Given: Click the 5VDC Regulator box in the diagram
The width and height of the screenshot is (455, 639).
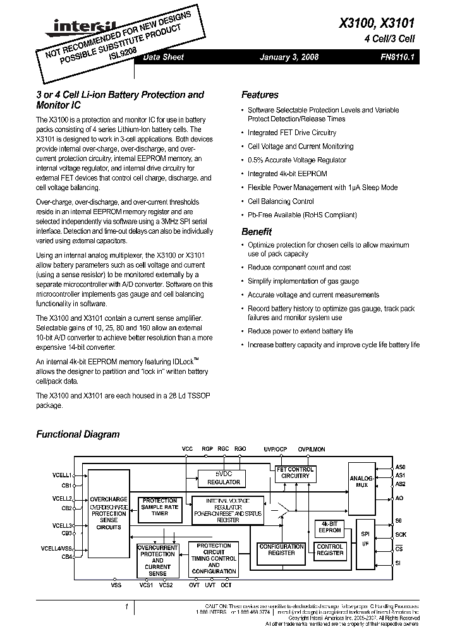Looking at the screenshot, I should [223, 477].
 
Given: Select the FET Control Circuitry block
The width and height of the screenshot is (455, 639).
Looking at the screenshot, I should [293, 472].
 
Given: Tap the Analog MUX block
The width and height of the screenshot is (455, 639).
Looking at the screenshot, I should [361, 483].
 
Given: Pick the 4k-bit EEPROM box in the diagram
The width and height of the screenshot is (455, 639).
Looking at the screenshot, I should [329, 527].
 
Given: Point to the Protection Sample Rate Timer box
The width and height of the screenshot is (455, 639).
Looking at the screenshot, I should [159, 507].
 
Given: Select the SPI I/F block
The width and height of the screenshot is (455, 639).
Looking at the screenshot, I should [365, 539].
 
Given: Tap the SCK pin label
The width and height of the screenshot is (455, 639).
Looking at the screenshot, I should [401, 534].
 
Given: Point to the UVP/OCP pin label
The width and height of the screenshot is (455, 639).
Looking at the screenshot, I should [275, 449].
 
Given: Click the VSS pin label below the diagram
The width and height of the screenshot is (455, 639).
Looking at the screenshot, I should [116, 585].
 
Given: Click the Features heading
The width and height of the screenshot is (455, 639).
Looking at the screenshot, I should [260, 95].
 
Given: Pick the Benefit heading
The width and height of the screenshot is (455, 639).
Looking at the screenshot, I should [257, 231].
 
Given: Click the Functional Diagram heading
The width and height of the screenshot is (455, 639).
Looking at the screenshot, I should [78, 434].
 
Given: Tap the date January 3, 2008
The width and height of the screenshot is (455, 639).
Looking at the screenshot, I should [289, 57].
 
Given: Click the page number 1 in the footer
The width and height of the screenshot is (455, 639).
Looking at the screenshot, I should [127, 607].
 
